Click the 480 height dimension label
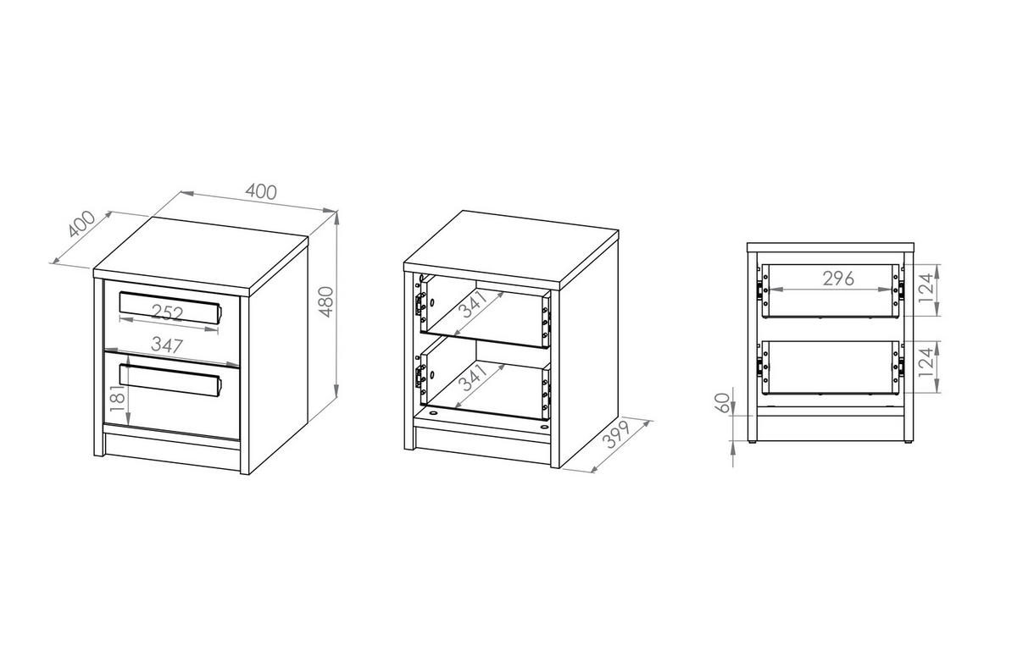tap(326, 301)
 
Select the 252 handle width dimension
tap(167, 313)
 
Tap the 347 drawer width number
tap(167, 345)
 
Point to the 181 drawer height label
tap(117, 399)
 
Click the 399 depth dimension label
tap(618, 434)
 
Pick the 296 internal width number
tap(838, 279)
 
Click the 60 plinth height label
tap(722, 403)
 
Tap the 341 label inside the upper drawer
tap(473, 304)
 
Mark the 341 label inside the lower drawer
tap(473, 378)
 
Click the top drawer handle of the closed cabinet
tap(169, 307)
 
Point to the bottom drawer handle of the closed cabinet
tap(169, 380)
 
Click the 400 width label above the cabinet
tap(261, 192)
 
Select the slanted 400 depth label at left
tap(81, 224)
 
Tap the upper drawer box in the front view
tap(831, 290)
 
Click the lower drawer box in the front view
tap(831, 367)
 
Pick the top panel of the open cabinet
tap(512, 249)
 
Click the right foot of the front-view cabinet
tap(908, 441)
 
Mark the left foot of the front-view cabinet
tap(752, 441)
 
